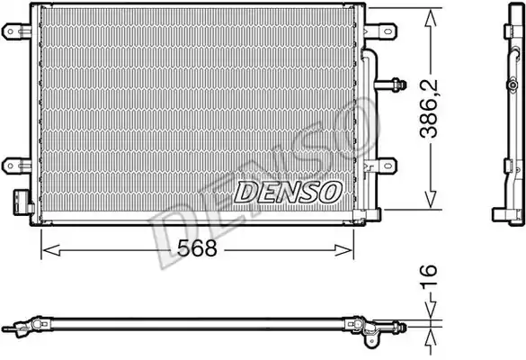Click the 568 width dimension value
[x=197, y=248]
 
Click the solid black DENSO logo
[x=288, y=193]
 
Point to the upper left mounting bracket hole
[x=10, y=31]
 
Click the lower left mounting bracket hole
[x=10, y=166]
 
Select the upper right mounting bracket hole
[x=388, y=31]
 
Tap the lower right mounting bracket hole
[x=388, y=166]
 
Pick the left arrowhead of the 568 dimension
[x=51, y=250]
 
